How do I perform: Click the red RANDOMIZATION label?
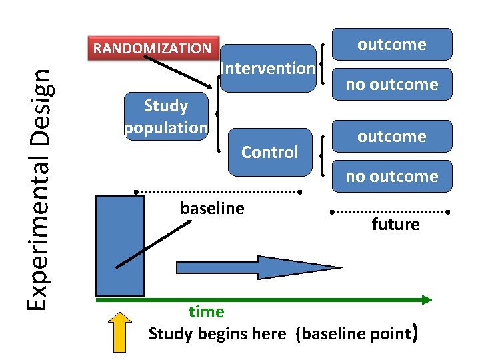point(153,48)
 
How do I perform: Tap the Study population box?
point(167,116)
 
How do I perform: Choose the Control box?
point(269,152)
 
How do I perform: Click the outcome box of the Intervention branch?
point(391,45)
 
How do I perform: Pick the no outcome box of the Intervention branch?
point(391,85)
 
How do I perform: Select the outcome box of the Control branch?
point(391,137)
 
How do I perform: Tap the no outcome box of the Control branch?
point(391,177)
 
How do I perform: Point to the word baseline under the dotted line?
point(212,209)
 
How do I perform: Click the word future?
point(395,225)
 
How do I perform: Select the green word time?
point(206,311)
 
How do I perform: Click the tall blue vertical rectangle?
point(120,245)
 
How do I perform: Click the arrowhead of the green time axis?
point(427,300)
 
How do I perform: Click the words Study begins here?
point(217,333)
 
